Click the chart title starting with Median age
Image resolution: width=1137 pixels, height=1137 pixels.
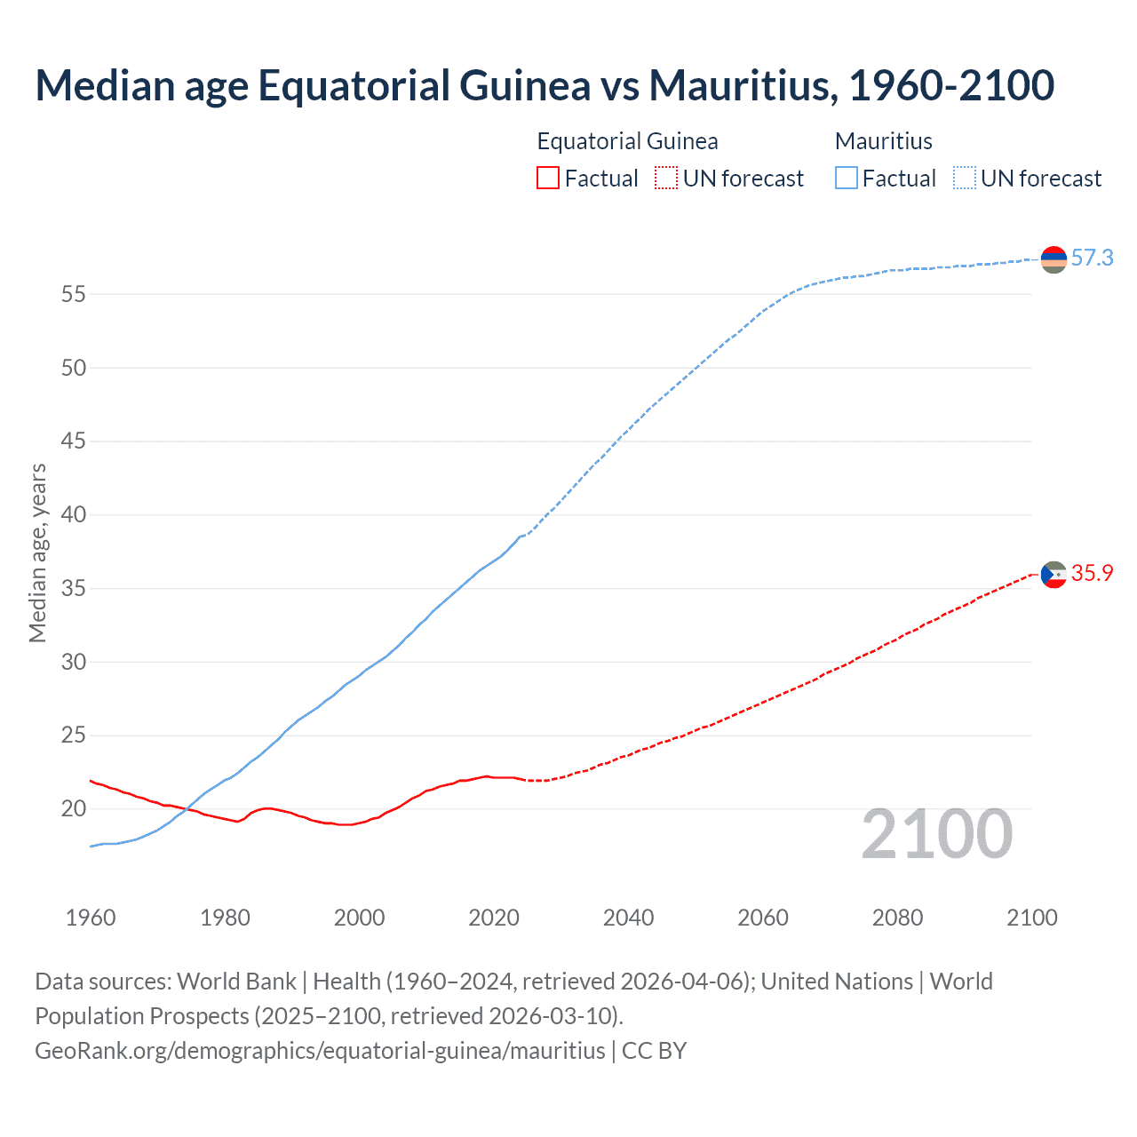coord(545,86)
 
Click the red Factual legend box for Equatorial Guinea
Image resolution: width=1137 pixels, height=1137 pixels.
coord(548,179)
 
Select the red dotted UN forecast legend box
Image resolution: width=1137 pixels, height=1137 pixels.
coord(666,179)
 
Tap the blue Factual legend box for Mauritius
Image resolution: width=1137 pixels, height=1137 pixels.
coord(846,179)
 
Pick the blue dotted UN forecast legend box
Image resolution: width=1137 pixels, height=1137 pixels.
coord(964,179)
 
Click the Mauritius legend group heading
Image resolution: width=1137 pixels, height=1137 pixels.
coord(883,141)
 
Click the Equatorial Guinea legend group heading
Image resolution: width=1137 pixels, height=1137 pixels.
coord(627,141)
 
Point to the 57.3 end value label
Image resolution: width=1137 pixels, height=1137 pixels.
coord(1092,258)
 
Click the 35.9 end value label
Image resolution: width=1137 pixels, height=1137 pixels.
coord(1092,574)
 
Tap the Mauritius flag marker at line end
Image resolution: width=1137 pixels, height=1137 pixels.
coord(1054,259)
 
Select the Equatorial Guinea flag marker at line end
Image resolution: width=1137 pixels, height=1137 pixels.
coord(1054,575)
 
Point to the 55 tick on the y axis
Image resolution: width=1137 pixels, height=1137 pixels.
coord(74,294)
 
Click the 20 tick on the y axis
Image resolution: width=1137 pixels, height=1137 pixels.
coord(74,809)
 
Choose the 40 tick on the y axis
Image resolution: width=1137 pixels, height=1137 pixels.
coord(74,515)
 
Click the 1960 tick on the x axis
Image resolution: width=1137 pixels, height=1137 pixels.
coord(91,918)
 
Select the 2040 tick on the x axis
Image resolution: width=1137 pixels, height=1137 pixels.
coord(628,918)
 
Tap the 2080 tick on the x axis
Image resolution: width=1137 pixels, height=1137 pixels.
coord(897,918)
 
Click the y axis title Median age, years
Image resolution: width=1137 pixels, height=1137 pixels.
coord(37,553)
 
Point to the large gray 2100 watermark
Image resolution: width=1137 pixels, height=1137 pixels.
coord(936,834)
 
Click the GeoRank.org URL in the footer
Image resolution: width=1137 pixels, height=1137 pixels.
coord(320,1051)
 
